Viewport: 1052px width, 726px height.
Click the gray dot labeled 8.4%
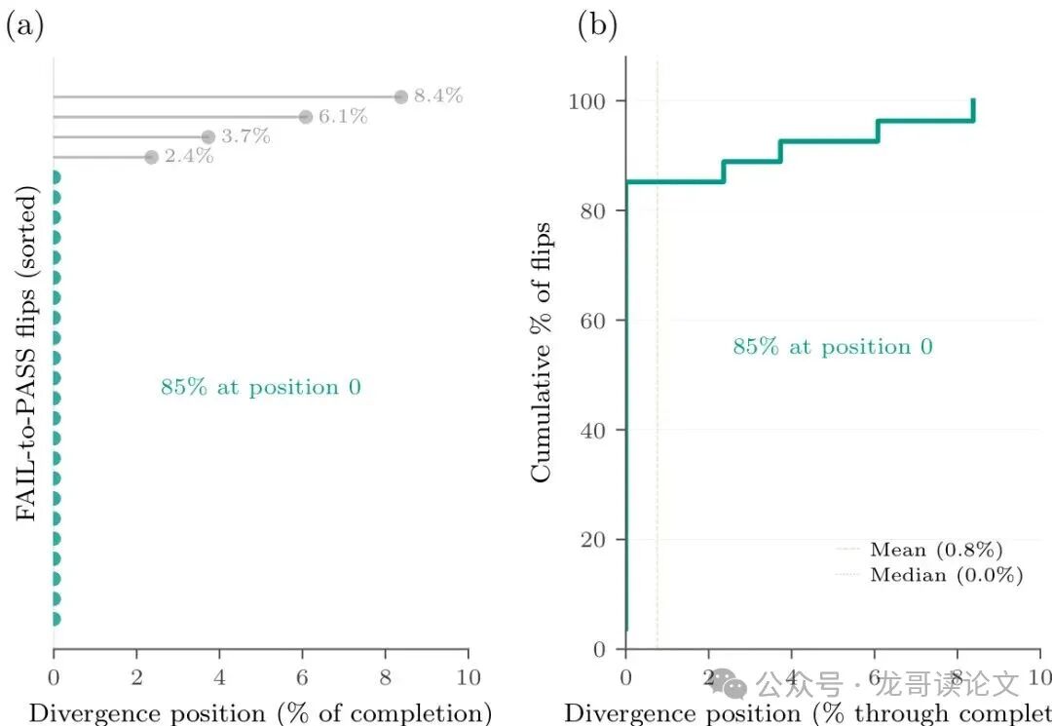tap(400, 96)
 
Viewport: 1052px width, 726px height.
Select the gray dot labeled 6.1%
tap(306, 117)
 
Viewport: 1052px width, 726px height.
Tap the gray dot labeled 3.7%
tap(207, 137)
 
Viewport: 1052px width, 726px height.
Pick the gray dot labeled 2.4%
tap(151, 157)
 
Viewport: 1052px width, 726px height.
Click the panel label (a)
tap(25, 26)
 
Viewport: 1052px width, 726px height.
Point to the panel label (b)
tap(597, 26)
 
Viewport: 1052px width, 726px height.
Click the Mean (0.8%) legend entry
tap(936, 550)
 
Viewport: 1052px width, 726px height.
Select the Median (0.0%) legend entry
tap(946, 575)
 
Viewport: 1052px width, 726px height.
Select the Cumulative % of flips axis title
tap(541, 352)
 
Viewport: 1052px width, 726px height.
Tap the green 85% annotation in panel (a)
tap(261, 388)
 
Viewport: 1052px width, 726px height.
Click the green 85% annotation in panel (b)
tap(833, 347)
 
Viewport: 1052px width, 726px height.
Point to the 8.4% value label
tap(437, 96)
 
